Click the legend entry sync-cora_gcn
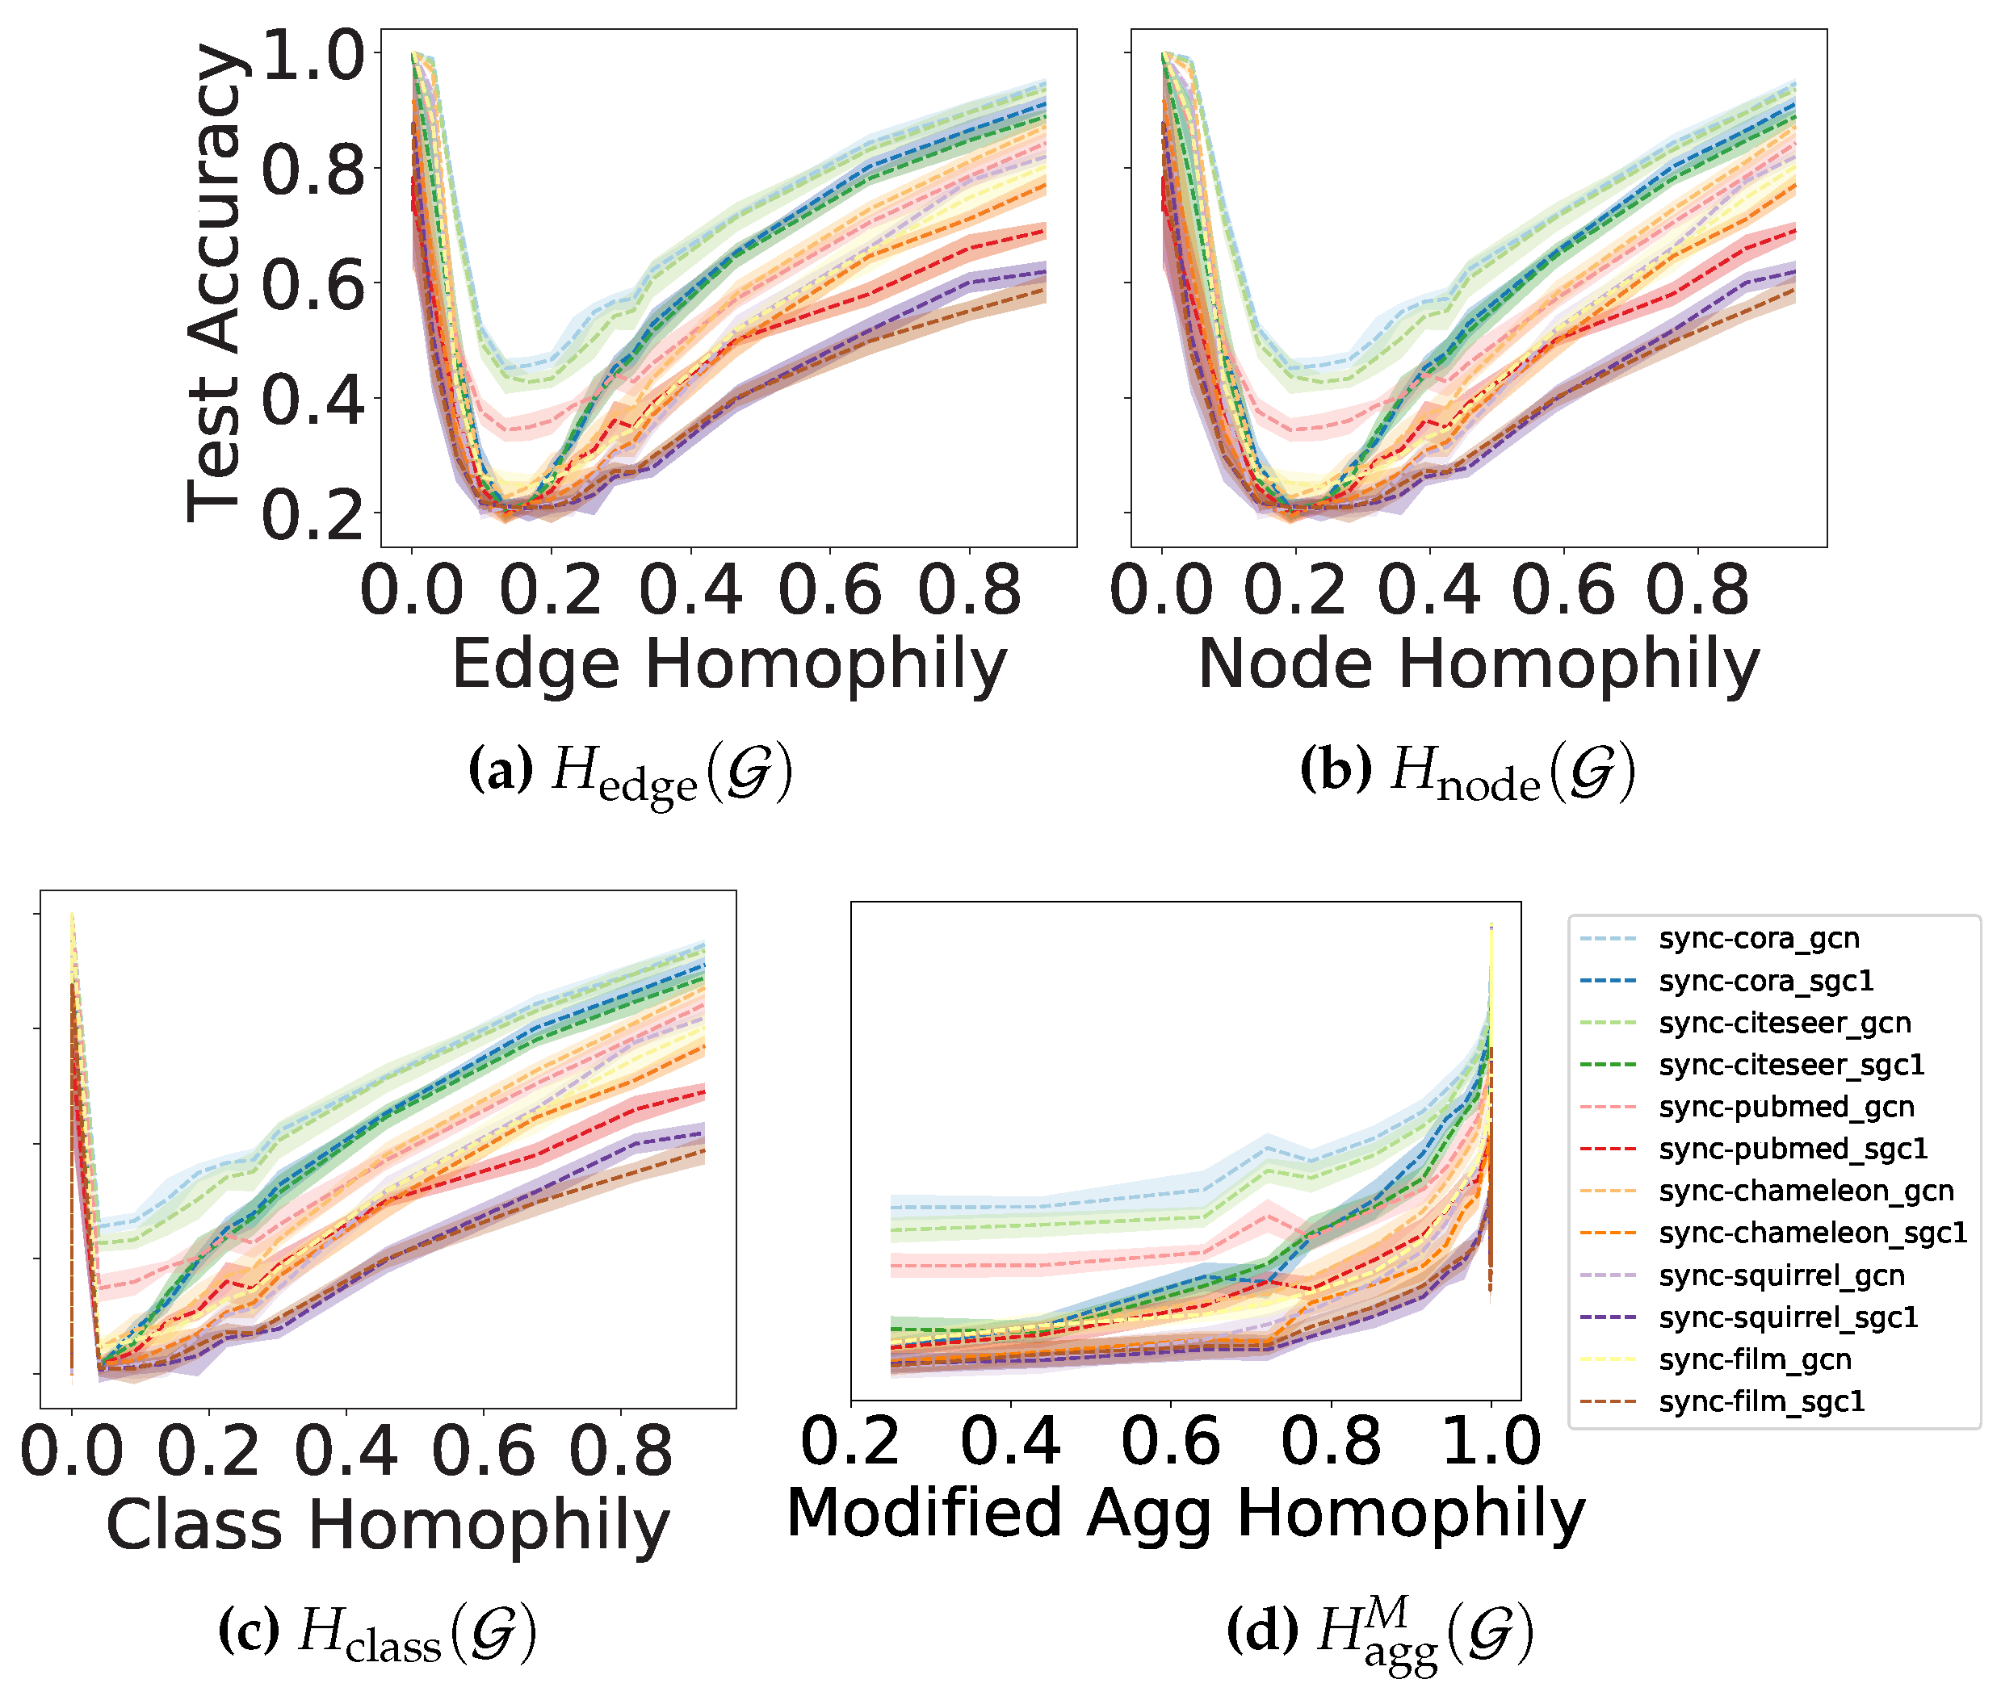point(1758,938)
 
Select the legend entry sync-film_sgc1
point(1760,1402)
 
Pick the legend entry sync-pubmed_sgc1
point(1793,1149)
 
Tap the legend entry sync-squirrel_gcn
point(1781,1276)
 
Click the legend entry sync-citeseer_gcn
point(1784,1023)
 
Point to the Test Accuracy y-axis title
point(213,283)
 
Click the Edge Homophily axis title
point(729,664)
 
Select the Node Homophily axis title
point(1478,664)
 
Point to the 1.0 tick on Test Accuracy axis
point(313,55)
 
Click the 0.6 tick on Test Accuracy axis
point(313,285)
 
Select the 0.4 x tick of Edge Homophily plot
point(690,589)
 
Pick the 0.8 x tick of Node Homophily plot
point(1697,589)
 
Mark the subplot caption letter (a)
point(500,771)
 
